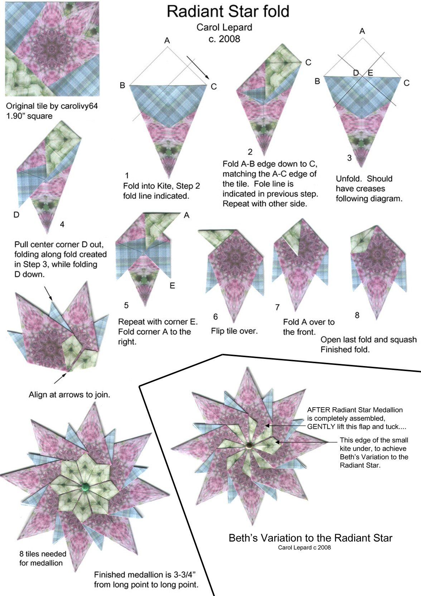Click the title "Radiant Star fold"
pos(228,11)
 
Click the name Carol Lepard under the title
pos(224,27)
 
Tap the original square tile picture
pos(52,49)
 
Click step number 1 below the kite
pos(127,176)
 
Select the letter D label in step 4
pos(16,215)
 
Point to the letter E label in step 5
pos(172,286)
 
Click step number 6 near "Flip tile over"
pos(215,317)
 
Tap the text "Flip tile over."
pos(234,331)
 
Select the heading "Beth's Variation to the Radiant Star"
pos(310,538)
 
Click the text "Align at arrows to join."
pos(69,395)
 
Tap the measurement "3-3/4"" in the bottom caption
pos(185,575)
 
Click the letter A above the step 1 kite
pos(167,41)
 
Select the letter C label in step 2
pos(308,63)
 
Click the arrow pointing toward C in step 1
pos(198,68)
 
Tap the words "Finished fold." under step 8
pos(345,350)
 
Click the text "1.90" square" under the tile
pos(29,116)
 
